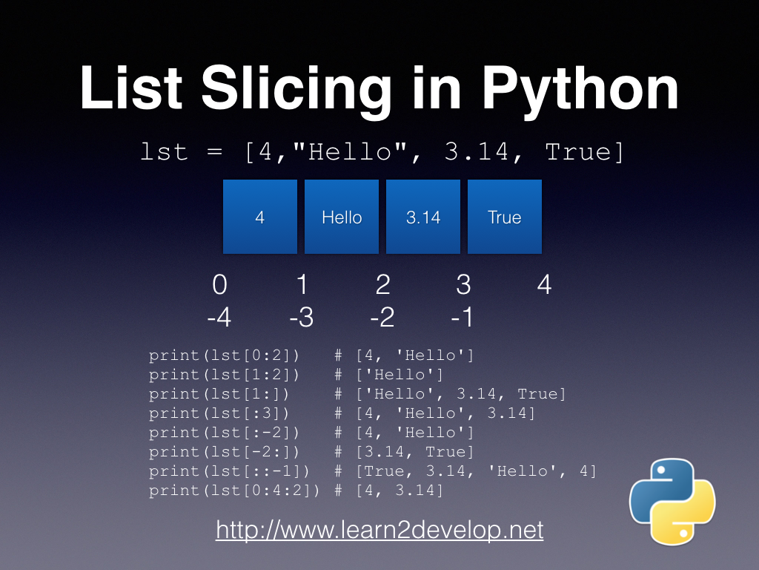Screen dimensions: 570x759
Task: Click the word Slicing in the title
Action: tap(296, 89)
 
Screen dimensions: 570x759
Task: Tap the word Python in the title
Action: tap(580, 89)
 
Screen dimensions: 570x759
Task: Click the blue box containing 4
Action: tap(260, 217)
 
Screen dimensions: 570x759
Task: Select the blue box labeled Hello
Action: tap(342, 217)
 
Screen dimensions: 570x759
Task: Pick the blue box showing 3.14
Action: tap(423, 217)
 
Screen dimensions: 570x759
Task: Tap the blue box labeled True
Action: tap(505, 217)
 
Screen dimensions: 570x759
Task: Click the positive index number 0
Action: tap(219, 285)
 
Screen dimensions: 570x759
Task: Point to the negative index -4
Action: tap(219, 318)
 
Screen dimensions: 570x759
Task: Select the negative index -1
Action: tap(462, 318)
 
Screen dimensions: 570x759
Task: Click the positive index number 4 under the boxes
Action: tap(544, 285)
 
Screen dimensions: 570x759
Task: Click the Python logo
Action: tap(672, 502)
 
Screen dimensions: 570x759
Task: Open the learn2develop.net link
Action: tap(379, 530)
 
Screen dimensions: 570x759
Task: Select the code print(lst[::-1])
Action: tap(229, 471)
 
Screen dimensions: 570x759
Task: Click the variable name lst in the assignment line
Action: tap(165, 152)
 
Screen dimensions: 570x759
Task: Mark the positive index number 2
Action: tap(382, 285)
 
